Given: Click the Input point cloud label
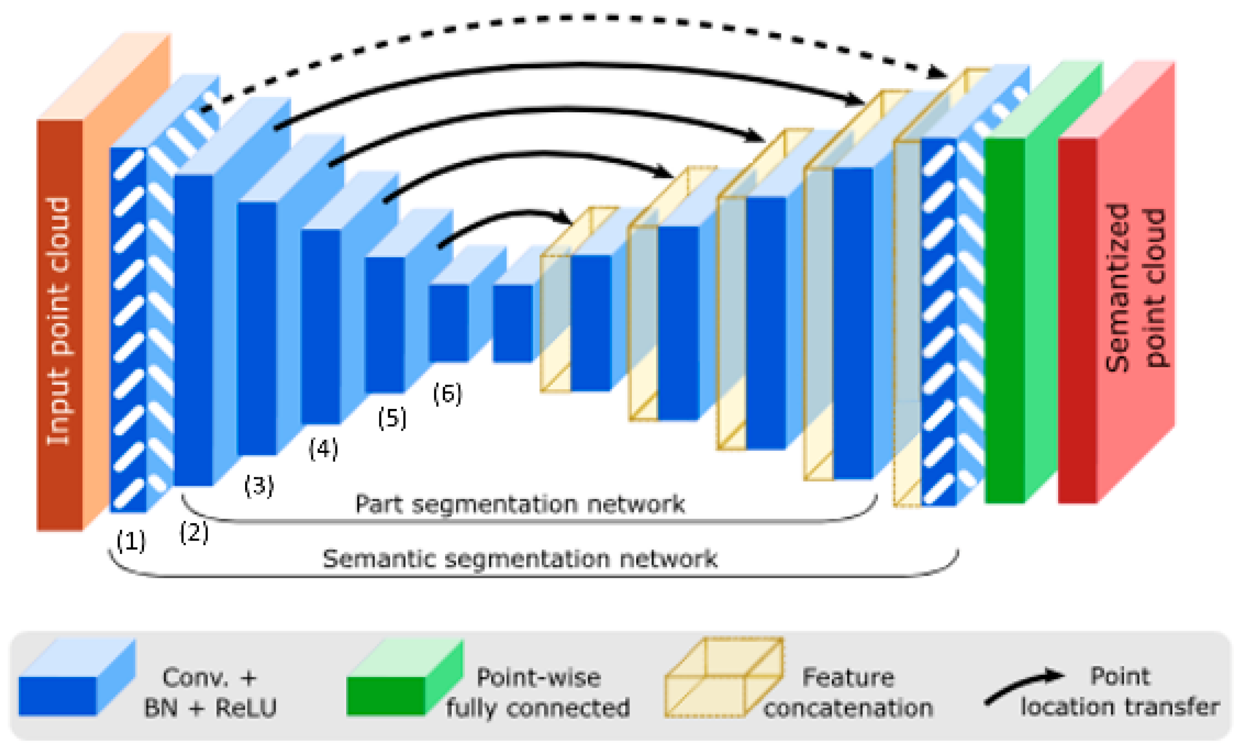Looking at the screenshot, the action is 58,321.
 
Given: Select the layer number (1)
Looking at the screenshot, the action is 131,541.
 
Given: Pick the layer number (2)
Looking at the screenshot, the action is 194,533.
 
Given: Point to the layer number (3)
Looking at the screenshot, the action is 259,486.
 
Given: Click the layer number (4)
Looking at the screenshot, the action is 323,449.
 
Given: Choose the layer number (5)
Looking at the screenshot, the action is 392,418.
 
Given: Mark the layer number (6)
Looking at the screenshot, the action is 447,394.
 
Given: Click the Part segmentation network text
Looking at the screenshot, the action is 520,504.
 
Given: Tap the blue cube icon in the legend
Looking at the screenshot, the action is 77,677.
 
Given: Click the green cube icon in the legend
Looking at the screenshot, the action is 405,677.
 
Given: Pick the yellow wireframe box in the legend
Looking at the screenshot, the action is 724,677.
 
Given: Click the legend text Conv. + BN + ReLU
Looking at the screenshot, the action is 210,692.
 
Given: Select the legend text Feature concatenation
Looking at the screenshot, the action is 848,692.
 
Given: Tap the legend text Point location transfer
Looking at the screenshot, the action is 1120,691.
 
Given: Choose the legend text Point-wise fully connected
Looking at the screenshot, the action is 538,692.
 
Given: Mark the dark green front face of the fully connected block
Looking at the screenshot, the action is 1005,321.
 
